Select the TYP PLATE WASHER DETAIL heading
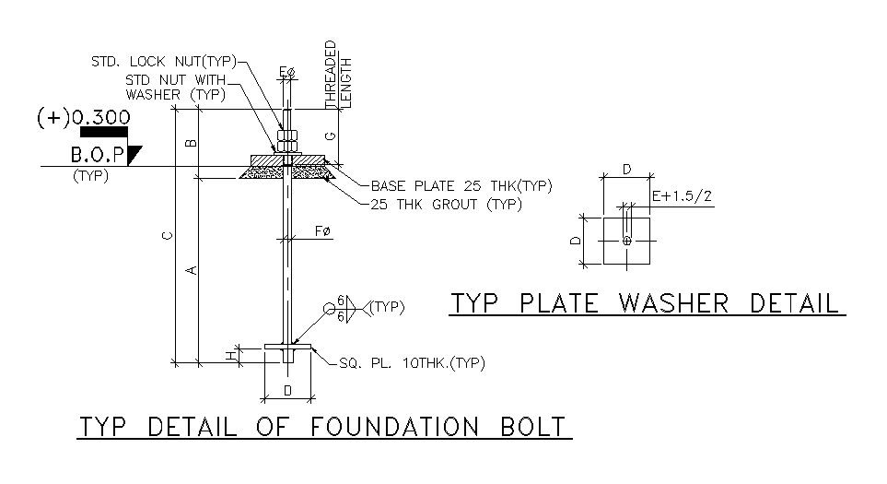(x=645, y=303)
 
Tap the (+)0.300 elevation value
(x=83, y=118)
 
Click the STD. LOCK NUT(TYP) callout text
(x=163, y=62)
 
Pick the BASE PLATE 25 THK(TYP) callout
(x=461, y=186)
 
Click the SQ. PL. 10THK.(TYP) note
(x=405, y=362)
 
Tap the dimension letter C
(x=167, y=237)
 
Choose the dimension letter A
(x=191, y=270)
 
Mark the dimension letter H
(x=230, y=353)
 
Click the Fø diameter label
(x=322, y=230)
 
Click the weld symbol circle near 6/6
(x=329, y=310)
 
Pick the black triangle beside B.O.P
(x=134, y=154)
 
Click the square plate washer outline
(x=626, y=241)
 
